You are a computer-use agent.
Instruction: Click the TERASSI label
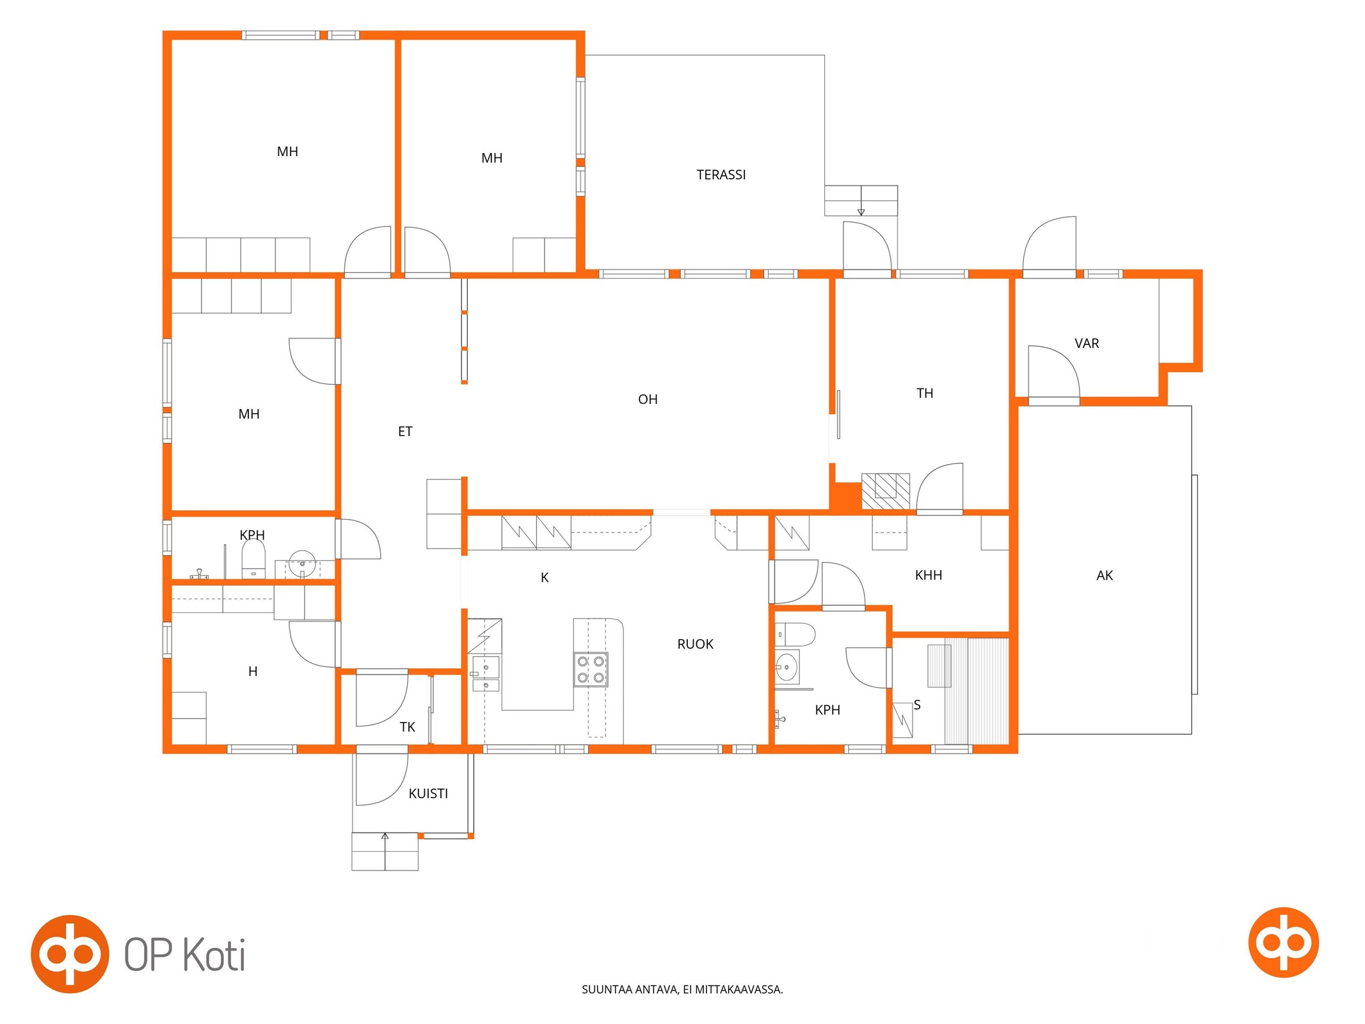(721, 175)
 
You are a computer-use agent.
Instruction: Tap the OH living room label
(648, 399)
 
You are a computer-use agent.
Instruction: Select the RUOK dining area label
(695, 644)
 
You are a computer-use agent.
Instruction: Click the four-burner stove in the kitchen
(591, 669)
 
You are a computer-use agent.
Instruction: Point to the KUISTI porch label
(428, 794)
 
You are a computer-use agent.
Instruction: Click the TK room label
(407, 727)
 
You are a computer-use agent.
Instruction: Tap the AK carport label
(1105, 575)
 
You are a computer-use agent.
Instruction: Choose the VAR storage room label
(1087, 344)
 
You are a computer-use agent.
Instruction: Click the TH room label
(925, 393)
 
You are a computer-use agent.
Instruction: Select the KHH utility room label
(928, 575)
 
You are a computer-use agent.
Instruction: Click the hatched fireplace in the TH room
(886, 492)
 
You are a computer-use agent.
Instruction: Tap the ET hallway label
(405, 431)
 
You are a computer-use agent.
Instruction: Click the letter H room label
(253, 671)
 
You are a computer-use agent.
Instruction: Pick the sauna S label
(917, 705)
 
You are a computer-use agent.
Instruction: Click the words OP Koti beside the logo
(184, 955)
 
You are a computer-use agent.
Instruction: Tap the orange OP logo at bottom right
(1283, 942)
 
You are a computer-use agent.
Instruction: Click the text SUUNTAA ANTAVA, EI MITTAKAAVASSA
(682, 989)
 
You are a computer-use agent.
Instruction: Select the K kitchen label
(545, 578)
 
